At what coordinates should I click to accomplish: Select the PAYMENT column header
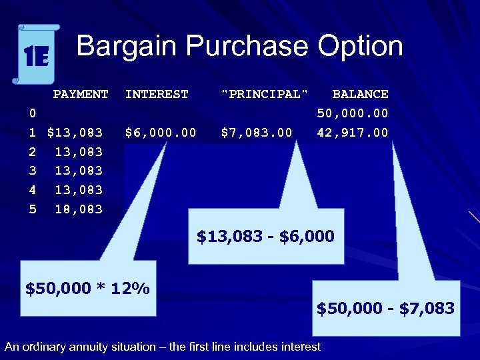[81, 94]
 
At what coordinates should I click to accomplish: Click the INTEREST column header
[157, 94]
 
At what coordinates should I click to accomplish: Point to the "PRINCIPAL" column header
[265, 94]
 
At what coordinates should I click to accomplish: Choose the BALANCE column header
[360, 94]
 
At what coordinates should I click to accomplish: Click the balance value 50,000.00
[353, 113]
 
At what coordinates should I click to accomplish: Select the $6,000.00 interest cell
[161, 133]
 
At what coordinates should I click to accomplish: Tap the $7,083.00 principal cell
[257, 133]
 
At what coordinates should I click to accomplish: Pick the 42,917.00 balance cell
[353, 133]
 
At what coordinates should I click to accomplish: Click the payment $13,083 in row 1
[75, 133]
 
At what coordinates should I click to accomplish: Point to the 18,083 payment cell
[79, 209]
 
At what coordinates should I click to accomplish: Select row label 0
[33, 113]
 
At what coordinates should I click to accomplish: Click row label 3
[33, 171]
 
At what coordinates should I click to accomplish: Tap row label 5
[33, 209]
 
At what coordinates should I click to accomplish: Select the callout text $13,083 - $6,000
[265, 236]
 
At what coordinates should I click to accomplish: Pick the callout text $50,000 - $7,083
[385, 308]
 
